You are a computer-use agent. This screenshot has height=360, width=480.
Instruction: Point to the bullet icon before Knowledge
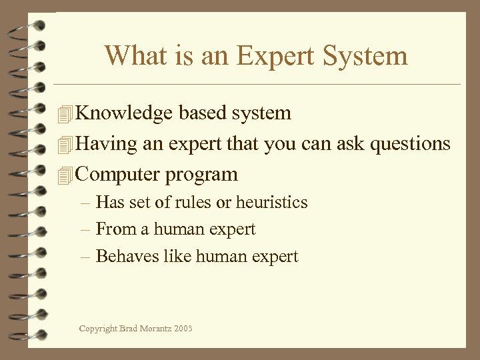tap(64, 114)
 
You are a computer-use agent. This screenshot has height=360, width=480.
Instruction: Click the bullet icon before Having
tap(64, 145)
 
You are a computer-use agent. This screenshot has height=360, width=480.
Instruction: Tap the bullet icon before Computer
tap(64, 175)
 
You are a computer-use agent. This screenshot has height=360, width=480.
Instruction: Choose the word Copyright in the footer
tap(98, 329)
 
